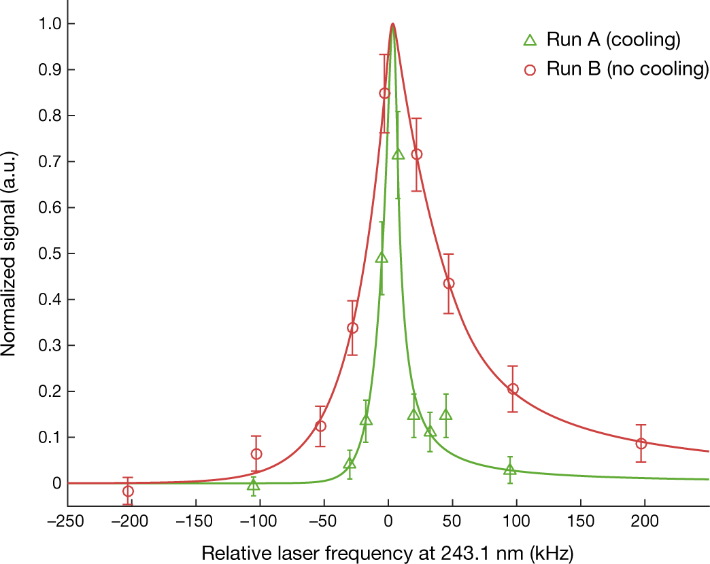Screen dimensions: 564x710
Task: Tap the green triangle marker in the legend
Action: pyautogui.click(x=530, y=40)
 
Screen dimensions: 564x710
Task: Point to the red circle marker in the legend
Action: pyautogui.click(x=530, y=69)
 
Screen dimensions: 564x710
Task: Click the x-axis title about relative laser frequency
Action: pyautogui.click(x=388, y=550)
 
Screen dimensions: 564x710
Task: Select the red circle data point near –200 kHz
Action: pyautogui.click(x=128, y=491)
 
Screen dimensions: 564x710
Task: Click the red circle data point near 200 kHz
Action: pyautogui.click(x=641, y=443)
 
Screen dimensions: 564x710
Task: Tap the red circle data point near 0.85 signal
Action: pyautogui.click(x=384, y=93)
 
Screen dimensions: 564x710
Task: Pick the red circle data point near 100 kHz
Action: pyautogui.click(x=513, y=389)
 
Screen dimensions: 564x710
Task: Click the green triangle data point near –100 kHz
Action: pyautogui.click(x=253, y=485)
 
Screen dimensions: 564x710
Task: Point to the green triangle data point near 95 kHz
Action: pyautogui.click(x=510, y=470)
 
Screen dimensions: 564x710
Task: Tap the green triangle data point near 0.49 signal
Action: pyautogui.click(x=382, y=258)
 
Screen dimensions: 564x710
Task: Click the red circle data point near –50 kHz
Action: pyautogui.click(x=321, y=426)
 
